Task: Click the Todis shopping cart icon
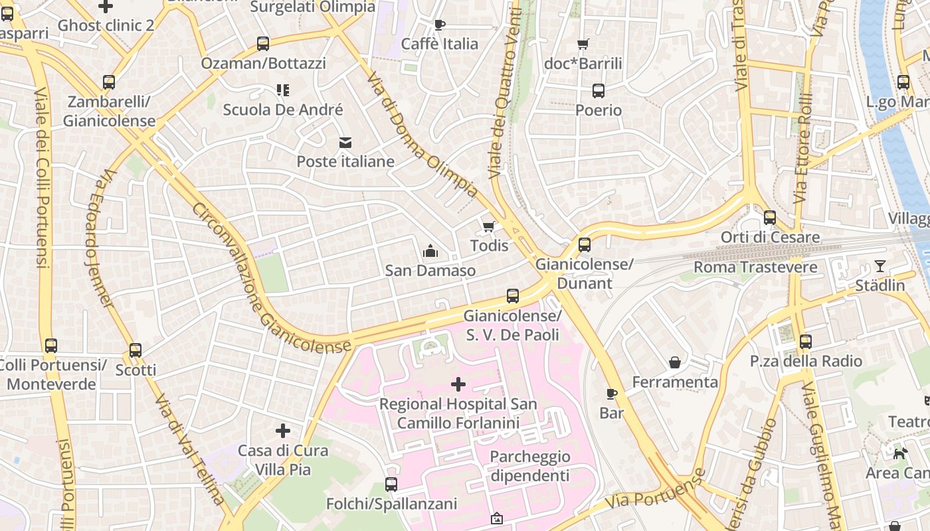(x=489, y=227)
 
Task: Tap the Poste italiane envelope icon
(x=345, y=143)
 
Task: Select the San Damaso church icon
(x=430, y=252)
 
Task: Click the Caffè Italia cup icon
(x=439, y=25)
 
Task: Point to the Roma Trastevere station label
(x=755, y=267)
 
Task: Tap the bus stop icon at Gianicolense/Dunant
(x=585, y=245)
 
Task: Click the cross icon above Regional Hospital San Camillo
(x=458, y=384)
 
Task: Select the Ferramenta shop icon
(x=675, y=362)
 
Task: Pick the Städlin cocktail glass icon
(x=880, y=266)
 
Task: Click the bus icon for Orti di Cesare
(x=770, y=218)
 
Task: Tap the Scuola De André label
(x=283, y=110)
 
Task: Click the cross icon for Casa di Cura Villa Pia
(x=283, y=431)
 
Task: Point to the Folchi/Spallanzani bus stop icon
(x=391, y=485)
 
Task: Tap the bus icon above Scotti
(x=136, y=350)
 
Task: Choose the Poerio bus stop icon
(x=599, y=91)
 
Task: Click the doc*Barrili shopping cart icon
(x=583, y=44)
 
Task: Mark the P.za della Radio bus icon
(x=806, y=342)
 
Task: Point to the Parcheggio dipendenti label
(x=529, y=466)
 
